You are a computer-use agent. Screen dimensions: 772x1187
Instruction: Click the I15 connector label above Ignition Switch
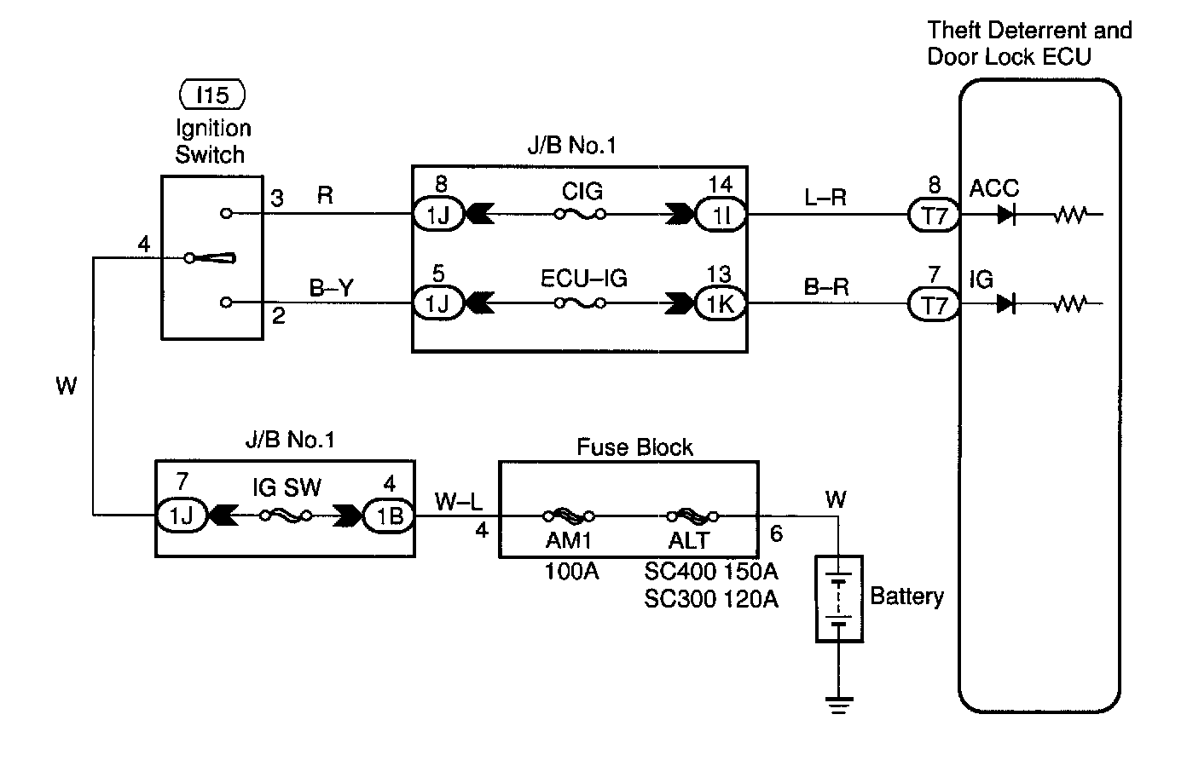pyautogui.click(x=212, y=95)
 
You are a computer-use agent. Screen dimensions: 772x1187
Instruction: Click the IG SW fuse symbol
pyautogui.click(x=286, y=516)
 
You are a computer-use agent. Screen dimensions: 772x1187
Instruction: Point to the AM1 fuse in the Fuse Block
pyautogui.click(x=569, y=516)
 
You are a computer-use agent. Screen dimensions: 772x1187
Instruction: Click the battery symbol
pyautogui.click(x=839, y=599)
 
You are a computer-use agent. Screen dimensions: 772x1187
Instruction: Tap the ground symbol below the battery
pyautogui.click(x=839, y=704)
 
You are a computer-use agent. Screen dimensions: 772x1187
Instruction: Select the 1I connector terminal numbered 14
pyautogui.click(x=721, y=216)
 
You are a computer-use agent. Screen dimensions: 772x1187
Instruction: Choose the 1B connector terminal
pyautogui.click(x=389, y=516)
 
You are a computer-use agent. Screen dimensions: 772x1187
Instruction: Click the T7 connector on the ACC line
pyautogui.click(x=935, y=216)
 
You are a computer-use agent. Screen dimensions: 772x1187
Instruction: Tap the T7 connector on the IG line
pyautogui.click(x=935, y=304)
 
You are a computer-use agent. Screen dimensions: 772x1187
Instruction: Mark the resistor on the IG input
pyautogui.click(x=1069, y=303)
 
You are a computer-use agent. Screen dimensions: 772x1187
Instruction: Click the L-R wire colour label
pyautogui.click(x=825, y=198)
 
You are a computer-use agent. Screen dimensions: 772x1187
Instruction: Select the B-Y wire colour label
pyautogui.click(x=331, y=288)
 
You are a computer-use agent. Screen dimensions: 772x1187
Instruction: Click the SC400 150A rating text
pyautogui.click(x=711, y=571)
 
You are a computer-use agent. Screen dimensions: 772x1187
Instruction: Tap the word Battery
pyautogui.click(x=906, y=596)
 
